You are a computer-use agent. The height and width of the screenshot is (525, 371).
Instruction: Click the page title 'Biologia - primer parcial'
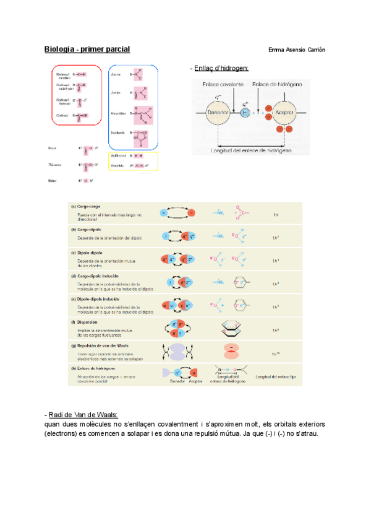point(87,50)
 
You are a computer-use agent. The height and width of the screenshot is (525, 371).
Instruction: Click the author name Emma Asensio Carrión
point(297,50)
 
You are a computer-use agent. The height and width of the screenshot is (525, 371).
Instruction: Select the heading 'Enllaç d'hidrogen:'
point(220,67)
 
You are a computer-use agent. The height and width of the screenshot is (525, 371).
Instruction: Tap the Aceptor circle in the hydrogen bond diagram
point(285,113)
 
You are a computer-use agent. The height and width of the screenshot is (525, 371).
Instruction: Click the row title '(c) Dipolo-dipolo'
point(88,253)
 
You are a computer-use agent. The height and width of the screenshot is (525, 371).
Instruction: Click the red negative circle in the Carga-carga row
point(190,213)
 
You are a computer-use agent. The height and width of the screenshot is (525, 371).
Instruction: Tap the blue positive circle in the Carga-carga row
point(164,213)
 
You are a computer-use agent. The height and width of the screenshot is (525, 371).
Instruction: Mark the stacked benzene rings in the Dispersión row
point(231,329)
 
